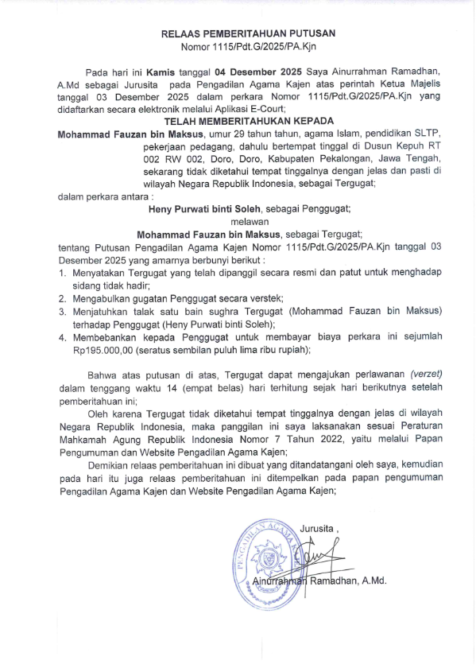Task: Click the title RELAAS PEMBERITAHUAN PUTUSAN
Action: pyautogui.click(x=248, y=33)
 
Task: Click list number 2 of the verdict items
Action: pyautogui.click(x=64, y=298)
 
